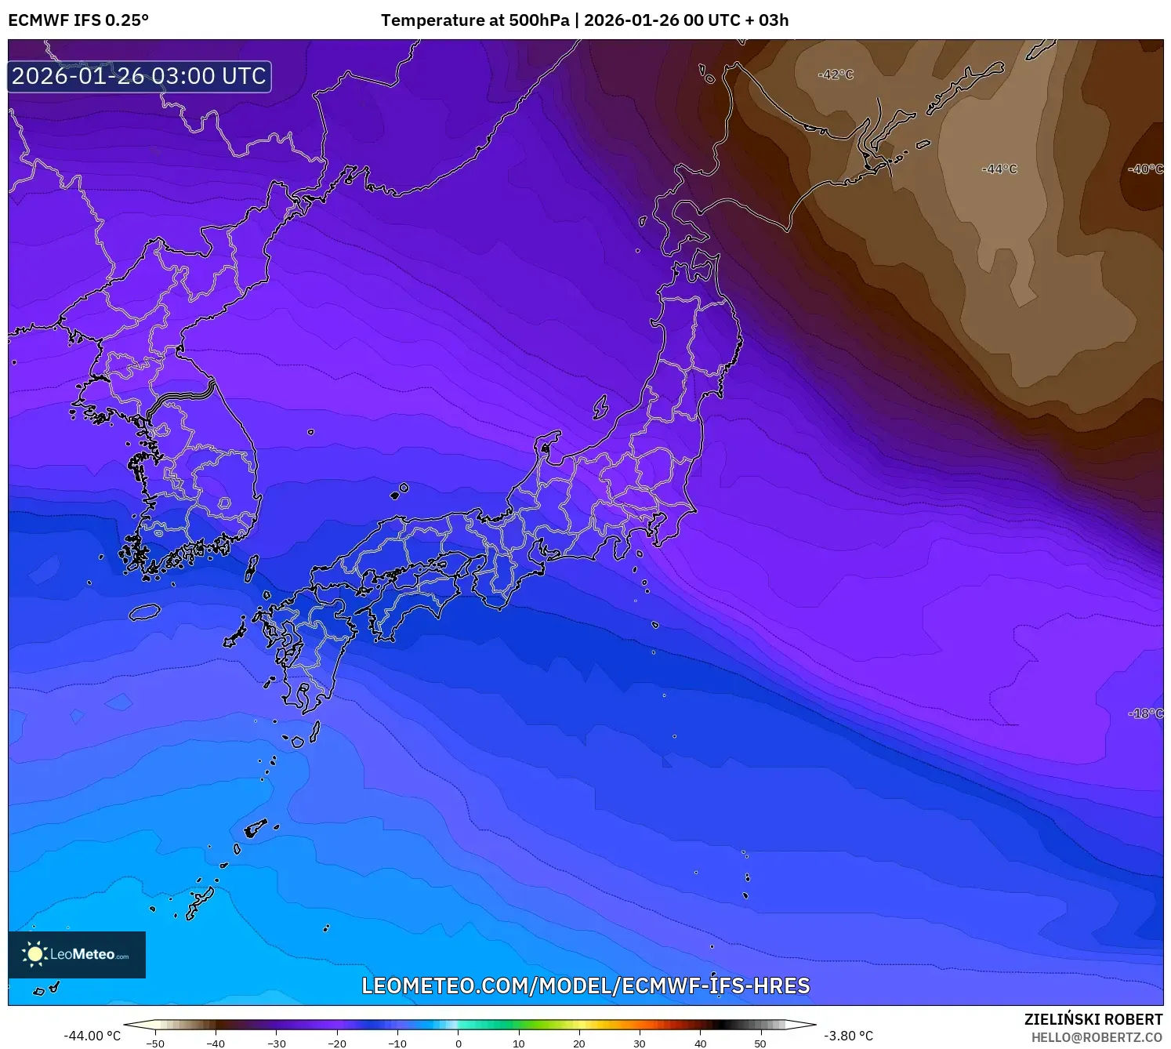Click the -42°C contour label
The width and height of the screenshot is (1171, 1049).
[836, 75]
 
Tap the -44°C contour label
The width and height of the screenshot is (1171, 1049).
[999, 169]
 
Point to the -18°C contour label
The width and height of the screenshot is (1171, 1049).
[1146, 713]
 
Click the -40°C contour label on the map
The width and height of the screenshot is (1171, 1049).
[1145, 169]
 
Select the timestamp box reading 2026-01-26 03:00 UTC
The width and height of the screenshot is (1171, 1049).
[140, 77]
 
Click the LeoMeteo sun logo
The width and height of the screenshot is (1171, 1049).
[34, 954]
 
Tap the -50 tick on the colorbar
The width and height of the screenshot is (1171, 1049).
[155, 1044]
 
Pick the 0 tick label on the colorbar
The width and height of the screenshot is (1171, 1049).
[459, 1044]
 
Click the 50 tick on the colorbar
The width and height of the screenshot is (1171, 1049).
[760, 1044]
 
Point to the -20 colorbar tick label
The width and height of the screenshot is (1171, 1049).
[337, 1044]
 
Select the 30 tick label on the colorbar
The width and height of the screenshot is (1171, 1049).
[640, 1044]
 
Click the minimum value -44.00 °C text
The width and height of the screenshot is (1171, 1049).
[92, 1036]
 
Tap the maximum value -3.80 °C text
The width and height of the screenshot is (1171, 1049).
[848, 1036]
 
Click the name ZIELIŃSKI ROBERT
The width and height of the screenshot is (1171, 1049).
[1093, 1019]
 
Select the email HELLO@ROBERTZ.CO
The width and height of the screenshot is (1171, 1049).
[1097, 1037]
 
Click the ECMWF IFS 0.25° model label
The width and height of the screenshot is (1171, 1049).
[78, 20]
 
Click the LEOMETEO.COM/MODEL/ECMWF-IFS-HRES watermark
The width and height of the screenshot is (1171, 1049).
[585, 985]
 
